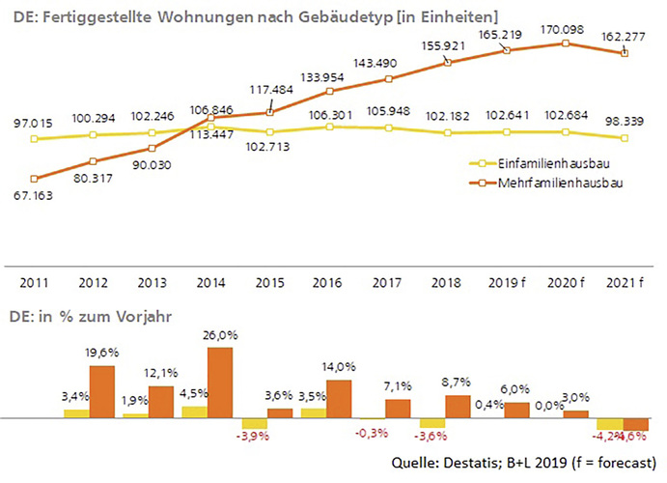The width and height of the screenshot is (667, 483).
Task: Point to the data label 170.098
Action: tap(566, 30)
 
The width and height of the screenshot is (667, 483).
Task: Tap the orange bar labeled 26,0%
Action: tap(220, 383)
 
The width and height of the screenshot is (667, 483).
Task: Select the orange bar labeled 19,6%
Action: tap(101, 391)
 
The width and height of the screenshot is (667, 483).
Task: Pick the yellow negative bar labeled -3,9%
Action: tap(254, 423)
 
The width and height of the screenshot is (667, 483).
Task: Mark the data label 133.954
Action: tap(330, 77)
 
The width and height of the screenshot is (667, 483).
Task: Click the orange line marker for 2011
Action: tap(35, 178)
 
